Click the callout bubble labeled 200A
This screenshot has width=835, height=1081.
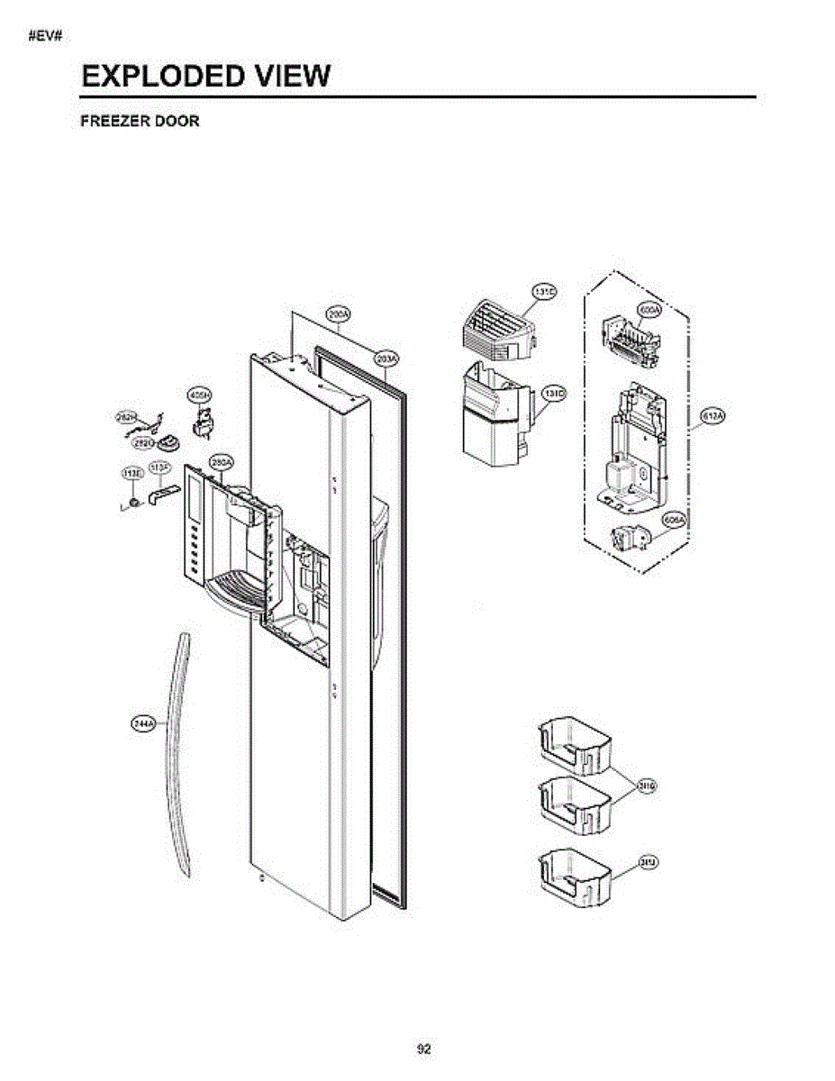pyautogui.click(x=339, y=315)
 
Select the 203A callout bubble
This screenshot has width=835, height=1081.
pyautogui.click(x=386, y=359)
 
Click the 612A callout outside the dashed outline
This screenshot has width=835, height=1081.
pyautogui.click(x=712, y=415)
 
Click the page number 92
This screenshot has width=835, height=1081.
pyautogui.click(x=424, y=1049)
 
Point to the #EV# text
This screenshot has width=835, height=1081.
pyautogui.click(x=43, y=36)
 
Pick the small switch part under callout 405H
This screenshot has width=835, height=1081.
pyautogui.click(x=204, y=422)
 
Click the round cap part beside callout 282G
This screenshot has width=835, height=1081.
pyautogui.click(x=169, y=442)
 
